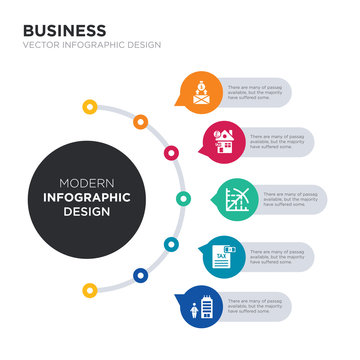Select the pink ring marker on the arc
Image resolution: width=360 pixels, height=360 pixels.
click(x=171, y=153)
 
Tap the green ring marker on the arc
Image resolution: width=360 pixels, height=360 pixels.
click(x=182, y=197)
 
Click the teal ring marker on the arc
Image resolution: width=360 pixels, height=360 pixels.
click(x=171, y=243)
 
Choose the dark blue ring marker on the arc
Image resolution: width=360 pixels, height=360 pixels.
click(x=140, y=273)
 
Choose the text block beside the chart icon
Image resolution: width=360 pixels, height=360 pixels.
click(x=292, y=198)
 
